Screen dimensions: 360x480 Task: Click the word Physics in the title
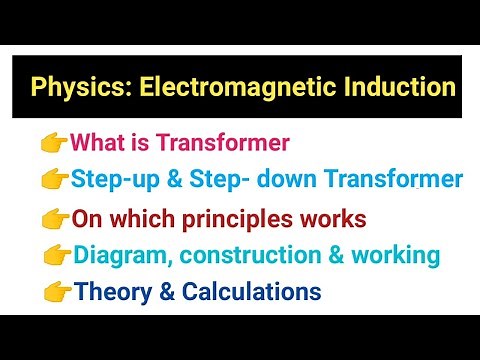[x=71, y=86]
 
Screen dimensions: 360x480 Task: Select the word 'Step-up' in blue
[x=113, y=180]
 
